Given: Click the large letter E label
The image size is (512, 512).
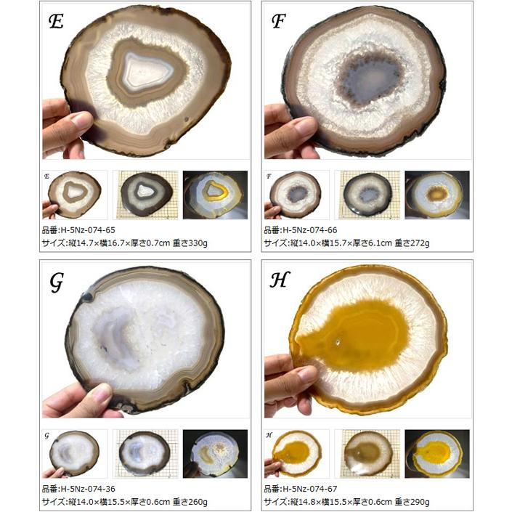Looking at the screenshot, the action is click(x=56, y=22).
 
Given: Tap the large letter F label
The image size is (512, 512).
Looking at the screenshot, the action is click(x=278, y=21).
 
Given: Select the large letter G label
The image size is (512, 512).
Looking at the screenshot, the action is click(x=56, y=283).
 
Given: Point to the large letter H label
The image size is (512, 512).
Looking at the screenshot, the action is click(x=280, y=280).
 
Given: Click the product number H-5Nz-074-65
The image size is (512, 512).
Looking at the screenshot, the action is click(x=88, y=230).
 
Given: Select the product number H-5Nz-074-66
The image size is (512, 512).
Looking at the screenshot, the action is click(x=310, y=230).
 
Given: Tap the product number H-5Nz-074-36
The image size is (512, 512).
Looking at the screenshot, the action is click(x=88, y=489).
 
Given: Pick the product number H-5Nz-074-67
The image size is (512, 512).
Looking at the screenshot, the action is click(x=310, y=489).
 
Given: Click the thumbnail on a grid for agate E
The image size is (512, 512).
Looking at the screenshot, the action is click(x=147, y=195).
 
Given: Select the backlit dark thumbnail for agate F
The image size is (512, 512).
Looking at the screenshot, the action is click(x=437, y=195).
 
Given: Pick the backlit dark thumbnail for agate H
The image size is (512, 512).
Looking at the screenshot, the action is click(x=437, y=454).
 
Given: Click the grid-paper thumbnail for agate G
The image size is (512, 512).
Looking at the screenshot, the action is click(x=146, y=454).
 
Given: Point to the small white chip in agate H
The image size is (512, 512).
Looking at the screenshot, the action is click(x=338, y=342).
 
